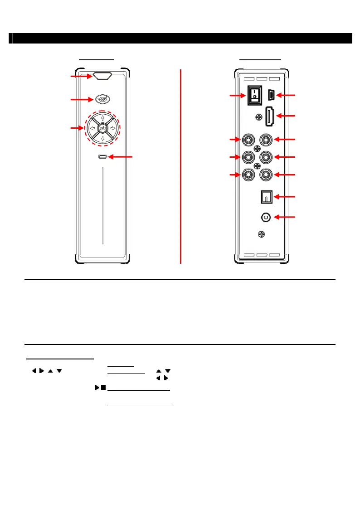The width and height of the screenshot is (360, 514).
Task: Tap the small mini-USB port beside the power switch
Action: click(271, 95)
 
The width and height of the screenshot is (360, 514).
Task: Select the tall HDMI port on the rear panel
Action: click(269, 117)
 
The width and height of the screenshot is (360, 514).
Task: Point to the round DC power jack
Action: click(265, 218)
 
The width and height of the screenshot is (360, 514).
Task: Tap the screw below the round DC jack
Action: click(261, 234)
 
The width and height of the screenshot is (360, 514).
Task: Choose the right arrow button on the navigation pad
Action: click(112, 128)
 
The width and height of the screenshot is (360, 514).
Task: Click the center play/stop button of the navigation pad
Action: click(102, 128)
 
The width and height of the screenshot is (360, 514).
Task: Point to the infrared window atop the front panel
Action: click(102, 76)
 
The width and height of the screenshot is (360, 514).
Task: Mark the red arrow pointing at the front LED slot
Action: click(122, 157)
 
